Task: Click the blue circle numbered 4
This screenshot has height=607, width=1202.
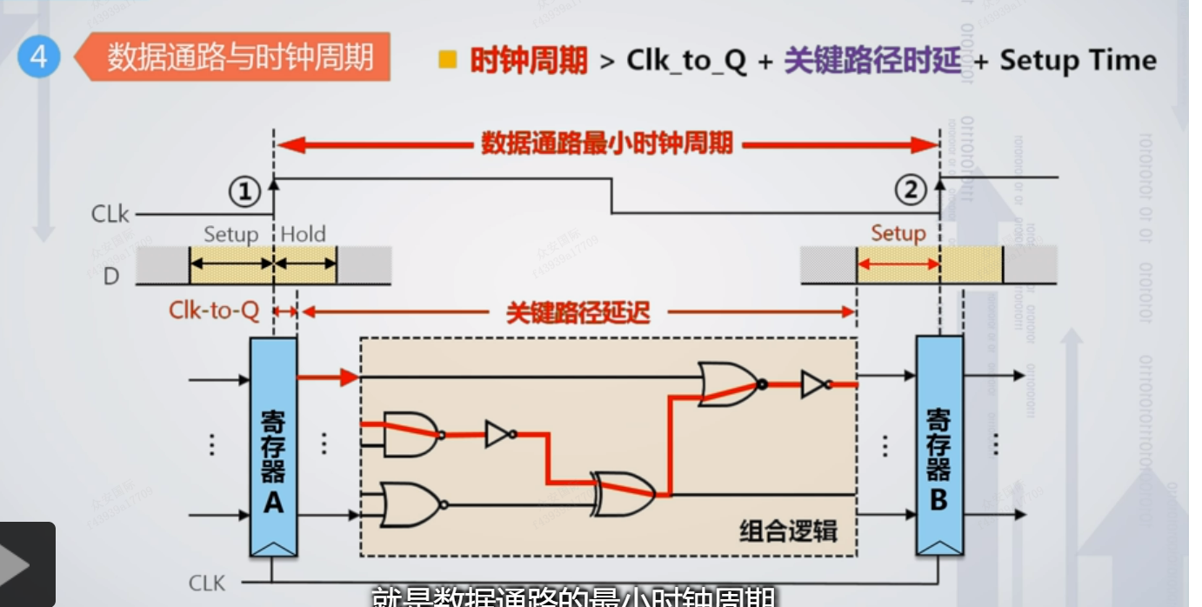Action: (38, 57)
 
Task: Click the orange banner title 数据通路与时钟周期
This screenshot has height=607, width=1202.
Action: (240, 57)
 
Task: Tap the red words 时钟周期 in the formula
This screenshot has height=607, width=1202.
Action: (528, 61)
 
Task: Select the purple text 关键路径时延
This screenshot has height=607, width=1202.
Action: (872, 61)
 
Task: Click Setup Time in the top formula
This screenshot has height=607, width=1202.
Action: (1078, 61)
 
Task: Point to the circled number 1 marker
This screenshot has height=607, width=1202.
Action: (244, 191)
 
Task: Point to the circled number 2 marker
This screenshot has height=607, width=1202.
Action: (911, 190)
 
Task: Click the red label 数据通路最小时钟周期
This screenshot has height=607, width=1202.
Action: (607, 143)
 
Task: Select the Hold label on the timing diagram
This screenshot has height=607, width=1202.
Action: (304, 234)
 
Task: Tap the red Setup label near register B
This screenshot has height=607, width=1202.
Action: (898, 233)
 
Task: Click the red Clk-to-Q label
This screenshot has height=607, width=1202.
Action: (214, 311)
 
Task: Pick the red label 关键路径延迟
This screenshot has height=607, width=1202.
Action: (578, 312)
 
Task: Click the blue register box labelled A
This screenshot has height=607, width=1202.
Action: (273, 446)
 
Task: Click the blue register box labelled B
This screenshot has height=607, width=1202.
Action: (939, 446)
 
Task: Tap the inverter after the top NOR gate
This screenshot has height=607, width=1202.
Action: (815, 384)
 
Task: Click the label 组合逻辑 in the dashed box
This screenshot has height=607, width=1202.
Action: (788, 530)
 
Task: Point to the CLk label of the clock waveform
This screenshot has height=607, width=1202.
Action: (110, 213)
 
